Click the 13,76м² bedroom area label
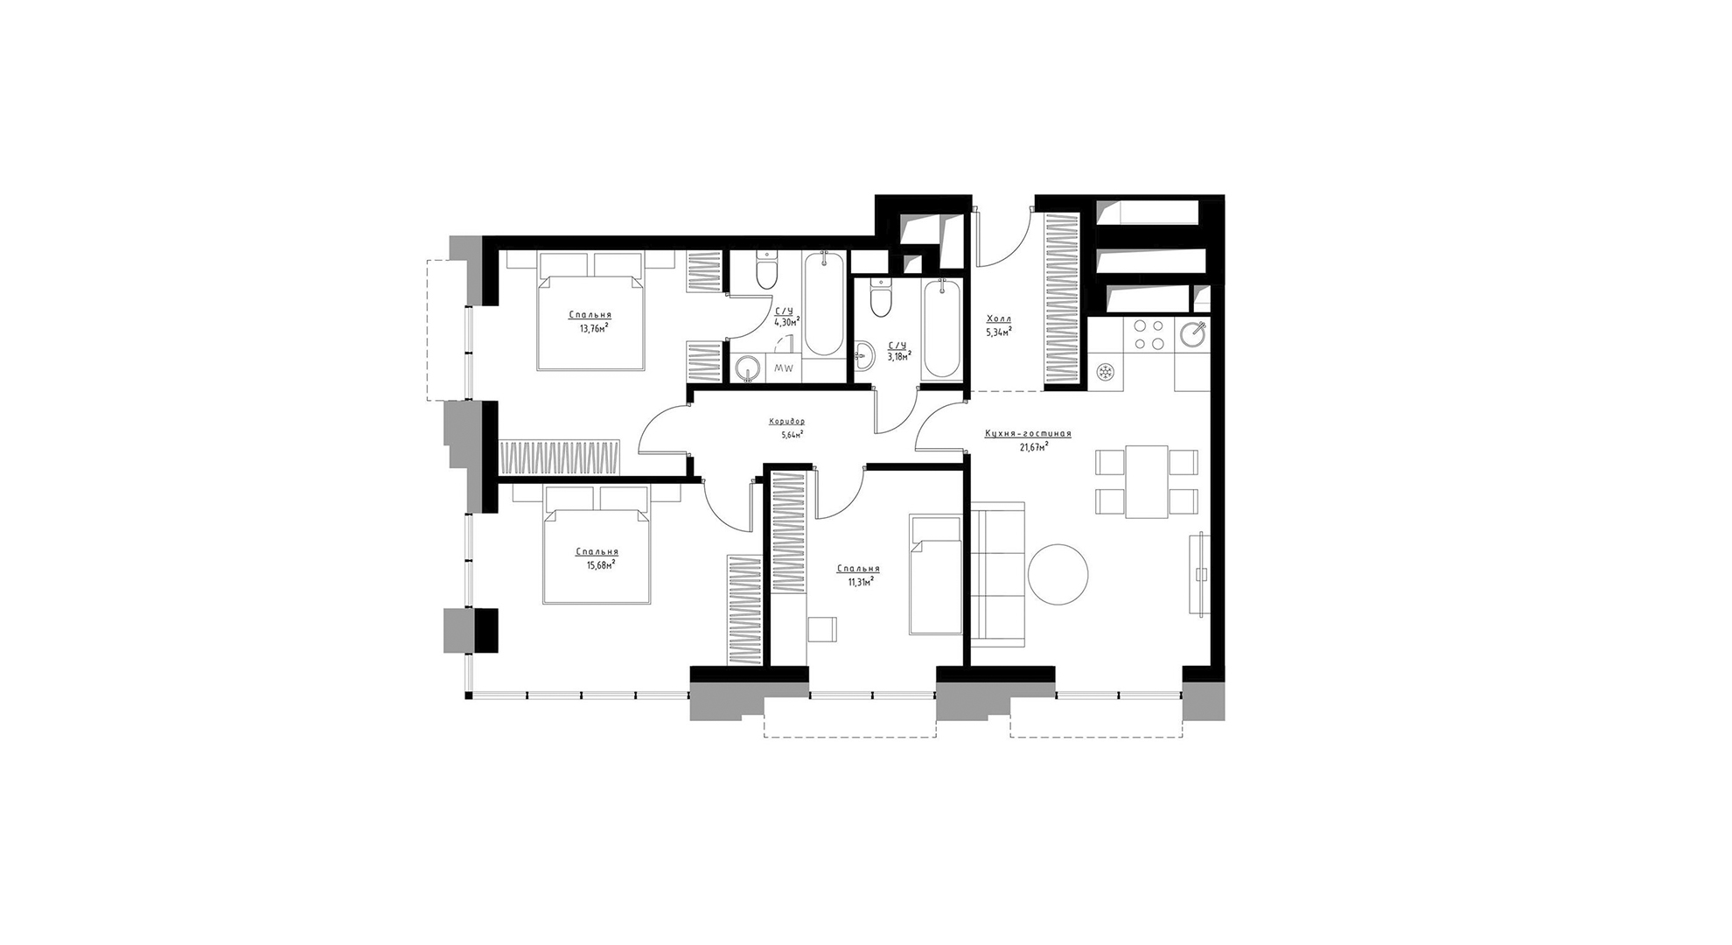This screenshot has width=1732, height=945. (x=594, y=328)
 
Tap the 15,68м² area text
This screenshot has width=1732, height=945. (x=600, y=564)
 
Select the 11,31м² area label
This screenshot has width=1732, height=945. (x=861, y=580)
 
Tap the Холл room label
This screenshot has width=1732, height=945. (x=998, y=319)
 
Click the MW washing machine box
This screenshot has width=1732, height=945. (x=783, y=368)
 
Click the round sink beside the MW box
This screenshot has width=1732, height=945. (x=747, y=368)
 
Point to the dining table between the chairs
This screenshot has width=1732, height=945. (x=1147, y=481)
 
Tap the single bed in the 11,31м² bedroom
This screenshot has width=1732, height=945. (x=935, y=574)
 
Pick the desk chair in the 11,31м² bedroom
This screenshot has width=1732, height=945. (x=821, y=630)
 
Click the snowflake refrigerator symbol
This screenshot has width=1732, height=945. (x=1106, y=373)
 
